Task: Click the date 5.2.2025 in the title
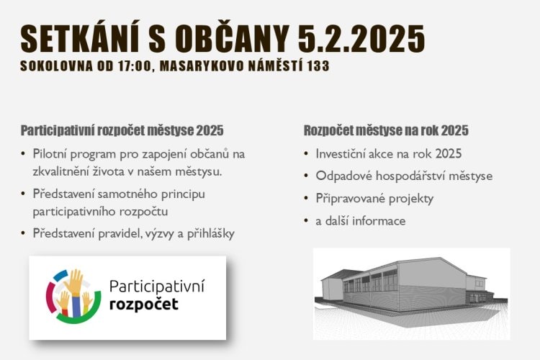[361, 38]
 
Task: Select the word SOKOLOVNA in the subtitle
[56, 66]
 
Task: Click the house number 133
[319, 66]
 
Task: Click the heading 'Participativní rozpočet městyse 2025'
[122, 130]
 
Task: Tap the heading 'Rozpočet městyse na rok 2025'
[386, 130]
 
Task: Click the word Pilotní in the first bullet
[49, 153]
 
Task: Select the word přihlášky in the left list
[211, 234]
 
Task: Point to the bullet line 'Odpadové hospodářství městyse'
[404, 176]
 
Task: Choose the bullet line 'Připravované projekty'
[374, 199]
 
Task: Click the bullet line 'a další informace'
[361, 221]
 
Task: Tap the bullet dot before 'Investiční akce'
[306, 153]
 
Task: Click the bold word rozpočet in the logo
[144, 305]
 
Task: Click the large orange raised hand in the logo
[74, 282]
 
